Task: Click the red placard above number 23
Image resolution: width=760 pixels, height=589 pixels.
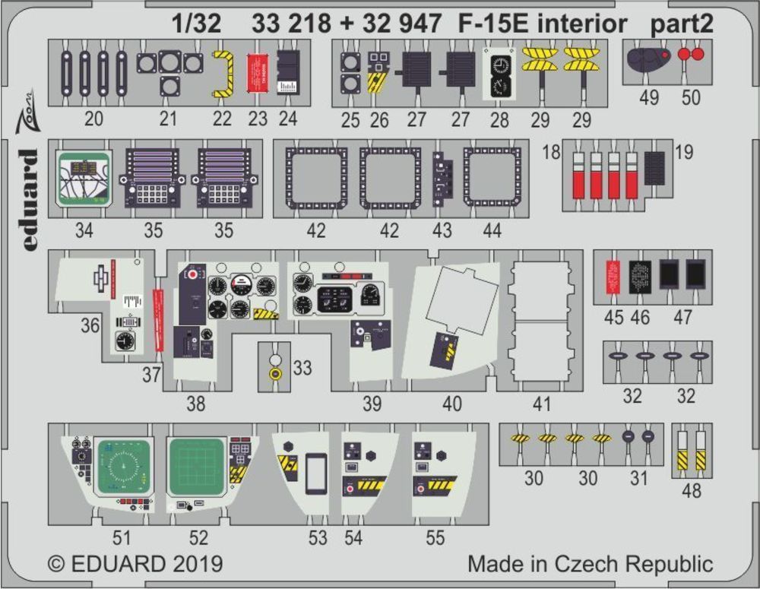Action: click(258, 73)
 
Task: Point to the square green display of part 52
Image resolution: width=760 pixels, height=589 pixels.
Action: click(195, 466)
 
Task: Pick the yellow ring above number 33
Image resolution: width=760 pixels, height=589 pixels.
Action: click(276, 374)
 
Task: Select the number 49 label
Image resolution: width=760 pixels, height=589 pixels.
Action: click(649, 98)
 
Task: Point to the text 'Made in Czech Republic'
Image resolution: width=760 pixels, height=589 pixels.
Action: click(590, 565)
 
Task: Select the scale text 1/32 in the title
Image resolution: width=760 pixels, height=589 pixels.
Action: click(196, 24)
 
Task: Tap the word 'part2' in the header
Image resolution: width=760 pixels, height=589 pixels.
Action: click(682, 24)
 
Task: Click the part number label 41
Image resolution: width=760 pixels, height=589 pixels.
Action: click(541, 404)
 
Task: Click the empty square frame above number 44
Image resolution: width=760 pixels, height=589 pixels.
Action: click(492, 177)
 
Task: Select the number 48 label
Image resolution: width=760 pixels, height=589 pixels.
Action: click(692, 491)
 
